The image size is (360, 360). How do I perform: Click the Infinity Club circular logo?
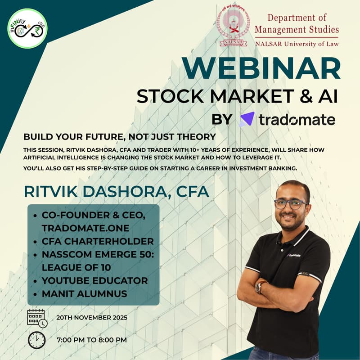tap(27, 28)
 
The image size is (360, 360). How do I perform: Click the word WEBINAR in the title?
tap(261, 69)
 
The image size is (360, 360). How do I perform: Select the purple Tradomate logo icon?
tap(247, 119)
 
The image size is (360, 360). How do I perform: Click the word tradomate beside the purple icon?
tap(297, 119)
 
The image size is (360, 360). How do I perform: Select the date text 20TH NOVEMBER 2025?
tap(92, 318)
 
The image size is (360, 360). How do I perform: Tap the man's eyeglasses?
tap(291, 203)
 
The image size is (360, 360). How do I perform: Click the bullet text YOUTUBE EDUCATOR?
tap(94, 280)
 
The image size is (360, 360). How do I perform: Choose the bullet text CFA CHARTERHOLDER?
tap(98, 241)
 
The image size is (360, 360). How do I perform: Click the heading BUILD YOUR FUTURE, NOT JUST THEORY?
tap(120, 136)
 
